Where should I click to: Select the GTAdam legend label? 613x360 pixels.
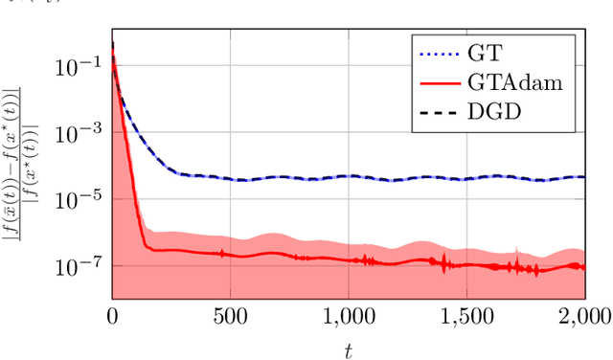point(520,83)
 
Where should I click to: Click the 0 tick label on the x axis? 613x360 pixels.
point(113,316)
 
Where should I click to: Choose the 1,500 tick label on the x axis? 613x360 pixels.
point(466,316)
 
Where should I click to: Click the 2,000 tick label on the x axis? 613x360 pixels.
point(583,316)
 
